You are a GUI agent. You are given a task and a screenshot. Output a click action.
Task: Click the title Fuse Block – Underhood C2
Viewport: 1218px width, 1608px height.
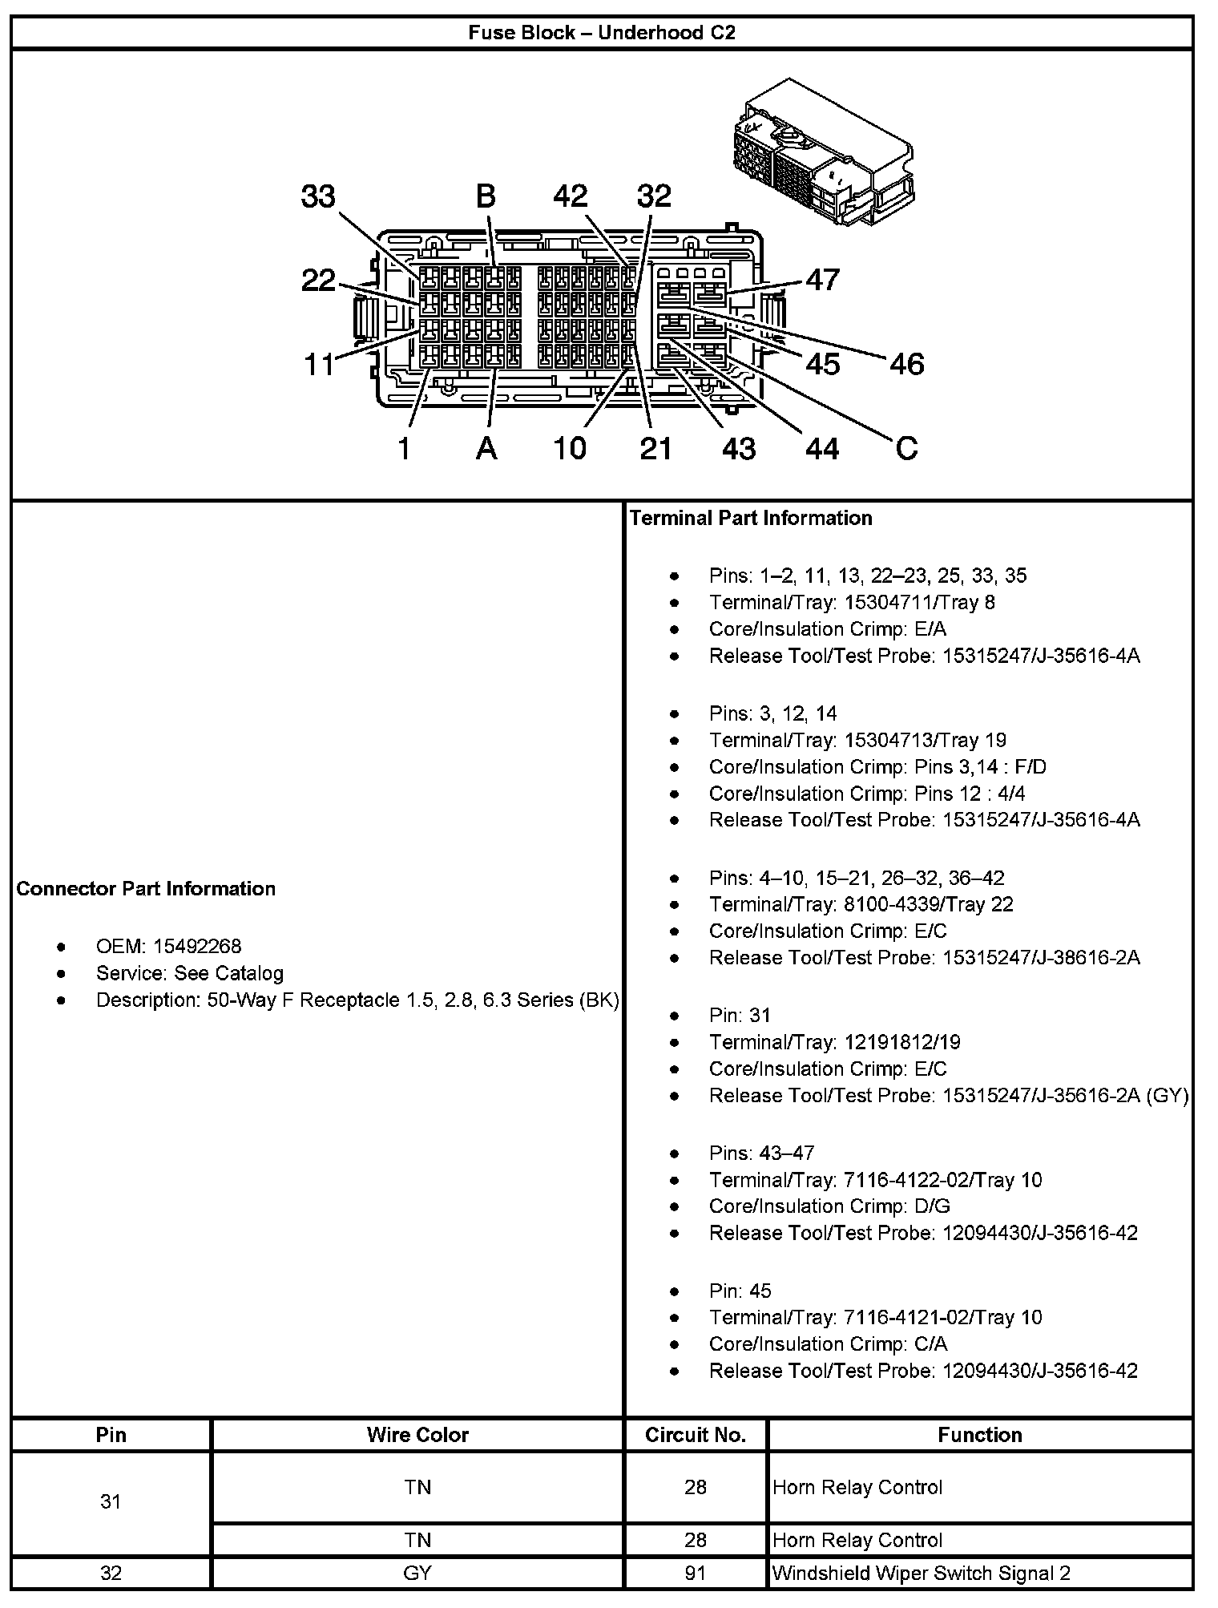(602, 33)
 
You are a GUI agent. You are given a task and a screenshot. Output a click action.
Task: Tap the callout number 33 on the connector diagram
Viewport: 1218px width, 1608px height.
(318, 196)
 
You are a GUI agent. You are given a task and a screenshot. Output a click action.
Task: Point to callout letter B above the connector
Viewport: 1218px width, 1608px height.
(486, 196)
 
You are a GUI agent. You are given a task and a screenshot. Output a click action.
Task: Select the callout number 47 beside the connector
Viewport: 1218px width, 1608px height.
(822, 280)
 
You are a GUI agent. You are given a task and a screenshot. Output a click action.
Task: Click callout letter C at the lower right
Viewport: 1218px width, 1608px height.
(906, 447)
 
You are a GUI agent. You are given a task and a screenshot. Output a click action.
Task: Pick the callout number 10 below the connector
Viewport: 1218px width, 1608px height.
(570, 448)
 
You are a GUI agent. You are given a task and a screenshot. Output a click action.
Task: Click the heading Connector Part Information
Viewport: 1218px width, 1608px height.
(146, 888)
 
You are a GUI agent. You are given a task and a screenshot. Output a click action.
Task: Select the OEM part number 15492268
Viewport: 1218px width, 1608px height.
(197, 947)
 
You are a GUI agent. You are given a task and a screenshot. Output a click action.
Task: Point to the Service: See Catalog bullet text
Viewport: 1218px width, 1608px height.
(190, 973)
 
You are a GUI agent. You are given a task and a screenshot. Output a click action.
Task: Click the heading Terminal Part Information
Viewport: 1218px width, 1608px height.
(751, 518)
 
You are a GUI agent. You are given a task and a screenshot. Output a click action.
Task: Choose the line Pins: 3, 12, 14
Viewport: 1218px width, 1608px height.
(772, 713)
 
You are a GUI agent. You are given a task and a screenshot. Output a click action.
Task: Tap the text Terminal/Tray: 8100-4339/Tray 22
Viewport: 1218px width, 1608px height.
(861, 904)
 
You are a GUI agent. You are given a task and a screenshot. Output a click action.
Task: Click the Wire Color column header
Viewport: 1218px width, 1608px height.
(417, 1434)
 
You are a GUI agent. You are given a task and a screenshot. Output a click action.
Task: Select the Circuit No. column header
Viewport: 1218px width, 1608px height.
(696, 1434)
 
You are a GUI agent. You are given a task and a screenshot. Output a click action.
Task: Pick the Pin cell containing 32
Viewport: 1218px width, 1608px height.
(111, 1573)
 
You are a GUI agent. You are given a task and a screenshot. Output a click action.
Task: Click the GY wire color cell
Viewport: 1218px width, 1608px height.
(417, 1573)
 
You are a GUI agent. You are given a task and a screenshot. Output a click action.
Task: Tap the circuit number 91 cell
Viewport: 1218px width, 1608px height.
(696, 1573)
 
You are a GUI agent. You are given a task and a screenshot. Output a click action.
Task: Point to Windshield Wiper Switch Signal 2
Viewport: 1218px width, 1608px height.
(922, 1573)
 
